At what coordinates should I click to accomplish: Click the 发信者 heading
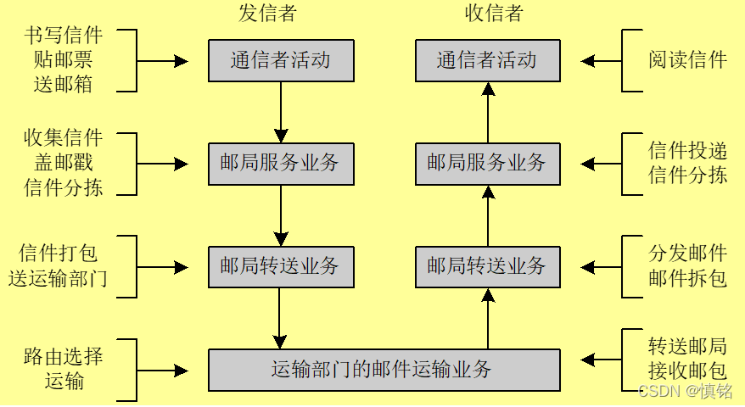coord(267,14)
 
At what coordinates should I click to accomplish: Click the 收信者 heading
coord(494,14)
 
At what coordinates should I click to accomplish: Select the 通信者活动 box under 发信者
coord(281,60)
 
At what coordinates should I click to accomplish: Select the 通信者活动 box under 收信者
coord(487,60)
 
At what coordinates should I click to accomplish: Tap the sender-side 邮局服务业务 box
coord(281,164)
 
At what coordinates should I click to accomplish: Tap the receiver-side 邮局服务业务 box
coord(487,164)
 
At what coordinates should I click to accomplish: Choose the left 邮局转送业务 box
coord(281,267)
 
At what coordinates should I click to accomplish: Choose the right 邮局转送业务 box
coord(487,267)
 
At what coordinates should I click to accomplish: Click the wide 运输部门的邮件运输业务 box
coord(384,370)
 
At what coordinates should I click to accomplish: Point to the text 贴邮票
coord(64,60)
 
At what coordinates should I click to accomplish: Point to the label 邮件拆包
coord(687,278)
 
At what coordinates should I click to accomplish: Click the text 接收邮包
coord(687,370)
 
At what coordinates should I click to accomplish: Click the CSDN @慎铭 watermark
coord(685,391)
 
